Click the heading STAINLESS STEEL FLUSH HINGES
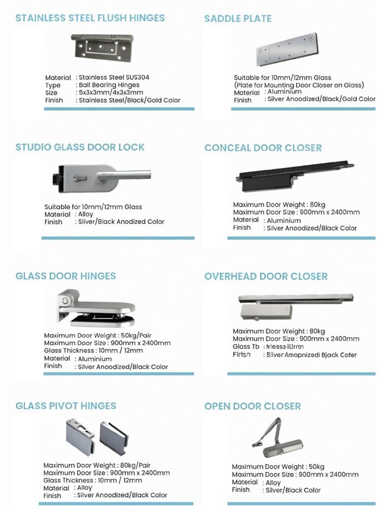[x=90, y=18]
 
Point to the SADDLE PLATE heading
[x=237, y=19]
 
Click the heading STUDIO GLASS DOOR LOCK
[x=80, y=147]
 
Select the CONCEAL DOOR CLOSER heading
[x=263, y=148]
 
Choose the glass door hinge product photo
[x=97, y=307]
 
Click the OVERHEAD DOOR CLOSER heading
[x=266, y=276]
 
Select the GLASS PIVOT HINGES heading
[x=66, y=406]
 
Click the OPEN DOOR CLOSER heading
[x=253, y=406]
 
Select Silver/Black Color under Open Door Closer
[x=293, y=490]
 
